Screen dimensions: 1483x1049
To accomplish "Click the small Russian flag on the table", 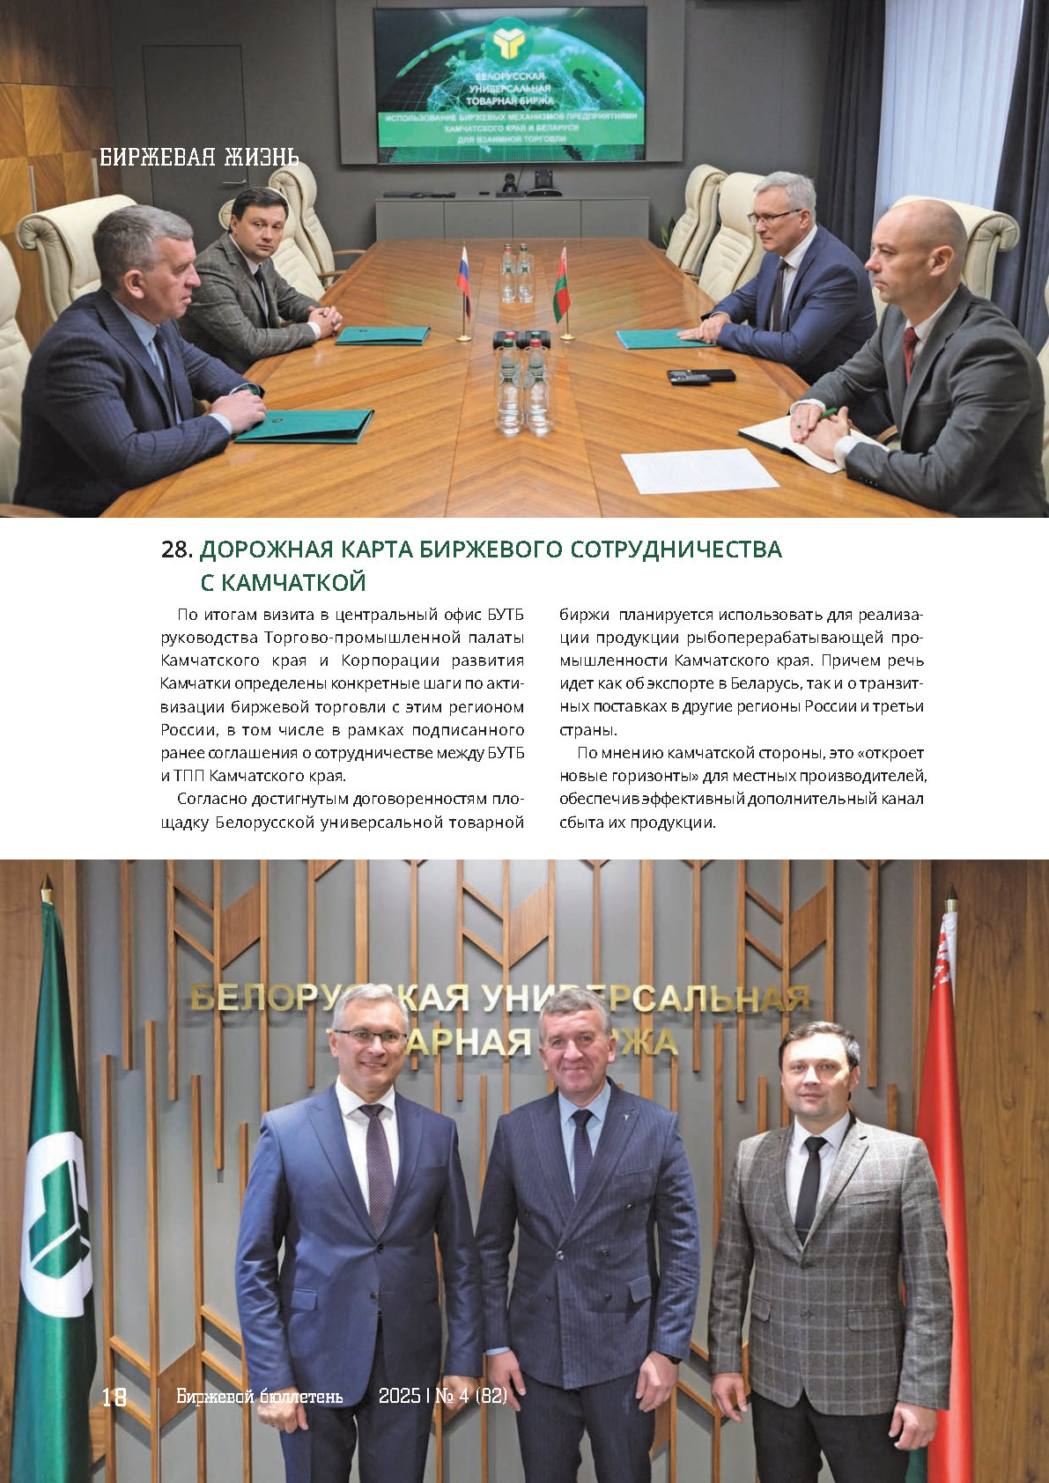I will pyautogui.click(x=463, y=274).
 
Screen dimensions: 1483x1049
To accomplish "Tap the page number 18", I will pyautogui.click(x=115, y=1397).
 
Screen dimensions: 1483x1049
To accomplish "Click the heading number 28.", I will pyautogui.click(x=177, y=550).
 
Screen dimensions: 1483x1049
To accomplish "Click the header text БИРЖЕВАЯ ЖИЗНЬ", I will pyautogui.click(x=199, y=158).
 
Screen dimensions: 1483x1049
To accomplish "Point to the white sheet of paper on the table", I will pyautogui.click(x=699, y=470).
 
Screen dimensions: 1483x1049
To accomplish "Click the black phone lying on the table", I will pyautogui.click(x=700, y=376).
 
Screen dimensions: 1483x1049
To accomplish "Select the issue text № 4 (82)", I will pyautogui.click(x=471, y=1397).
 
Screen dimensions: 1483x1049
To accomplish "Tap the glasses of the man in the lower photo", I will pyautogui.click(x=370, y=1036).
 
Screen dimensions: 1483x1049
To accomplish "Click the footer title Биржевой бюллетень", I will pyautogui.click(x=259, y=1397).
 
